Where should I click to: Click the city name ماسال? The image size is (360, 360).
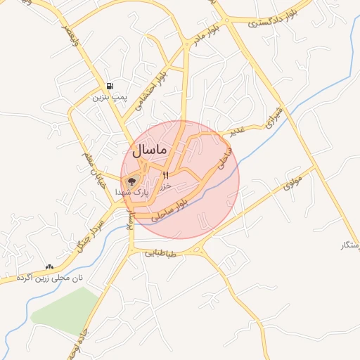148,150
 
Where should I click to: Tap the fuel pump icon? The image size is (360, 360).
110,86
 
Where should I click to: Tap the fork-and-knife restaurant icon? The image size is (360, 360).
167,175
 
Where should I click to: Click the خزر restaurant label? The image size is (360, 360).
165,186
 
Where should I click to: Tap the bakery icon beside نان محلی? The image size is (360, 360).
49,267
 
